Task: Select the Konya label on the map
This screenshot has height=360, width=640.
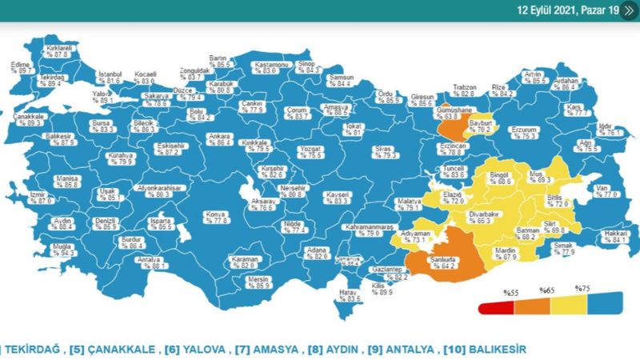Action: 216,214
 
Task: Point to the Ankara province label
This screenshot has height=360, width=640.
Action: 219,138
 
